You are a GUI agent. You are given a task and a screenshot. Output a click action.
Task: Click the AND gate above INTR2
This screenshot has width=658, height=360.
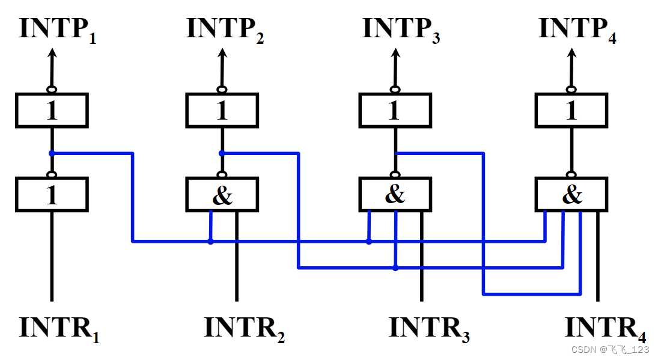pos(222,195)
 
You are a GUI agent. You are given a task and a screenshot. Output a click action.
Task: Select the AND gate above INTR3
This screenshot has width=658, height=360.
pos(395,195)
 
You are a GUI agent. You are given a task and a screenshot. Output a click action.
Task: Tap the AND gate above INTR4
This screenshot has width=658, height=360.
pos(571,195)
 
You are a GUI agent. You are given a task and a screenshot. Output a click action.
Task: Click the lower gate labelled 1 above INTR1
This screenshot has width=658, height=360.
pos(52,195)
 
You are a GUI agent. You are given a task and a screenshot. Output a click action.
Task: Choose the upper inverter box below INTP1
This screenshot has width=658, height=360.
pos(52,111)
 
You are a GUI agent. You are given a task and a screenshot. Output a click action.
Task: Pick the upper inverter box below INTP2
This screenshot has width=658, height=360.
pos(222,111)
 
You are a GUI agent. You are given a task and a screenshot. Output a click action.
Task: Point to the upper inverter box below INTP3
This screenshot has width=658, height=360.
pos(395,111)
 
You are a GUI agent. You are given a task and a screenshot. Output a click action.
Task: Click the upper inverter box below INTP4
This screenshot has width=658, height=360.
pos(571,111)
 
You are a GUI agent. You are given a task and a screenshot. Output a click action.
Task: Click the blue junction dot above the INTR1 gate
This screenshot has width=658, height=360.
pos(52,153)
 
